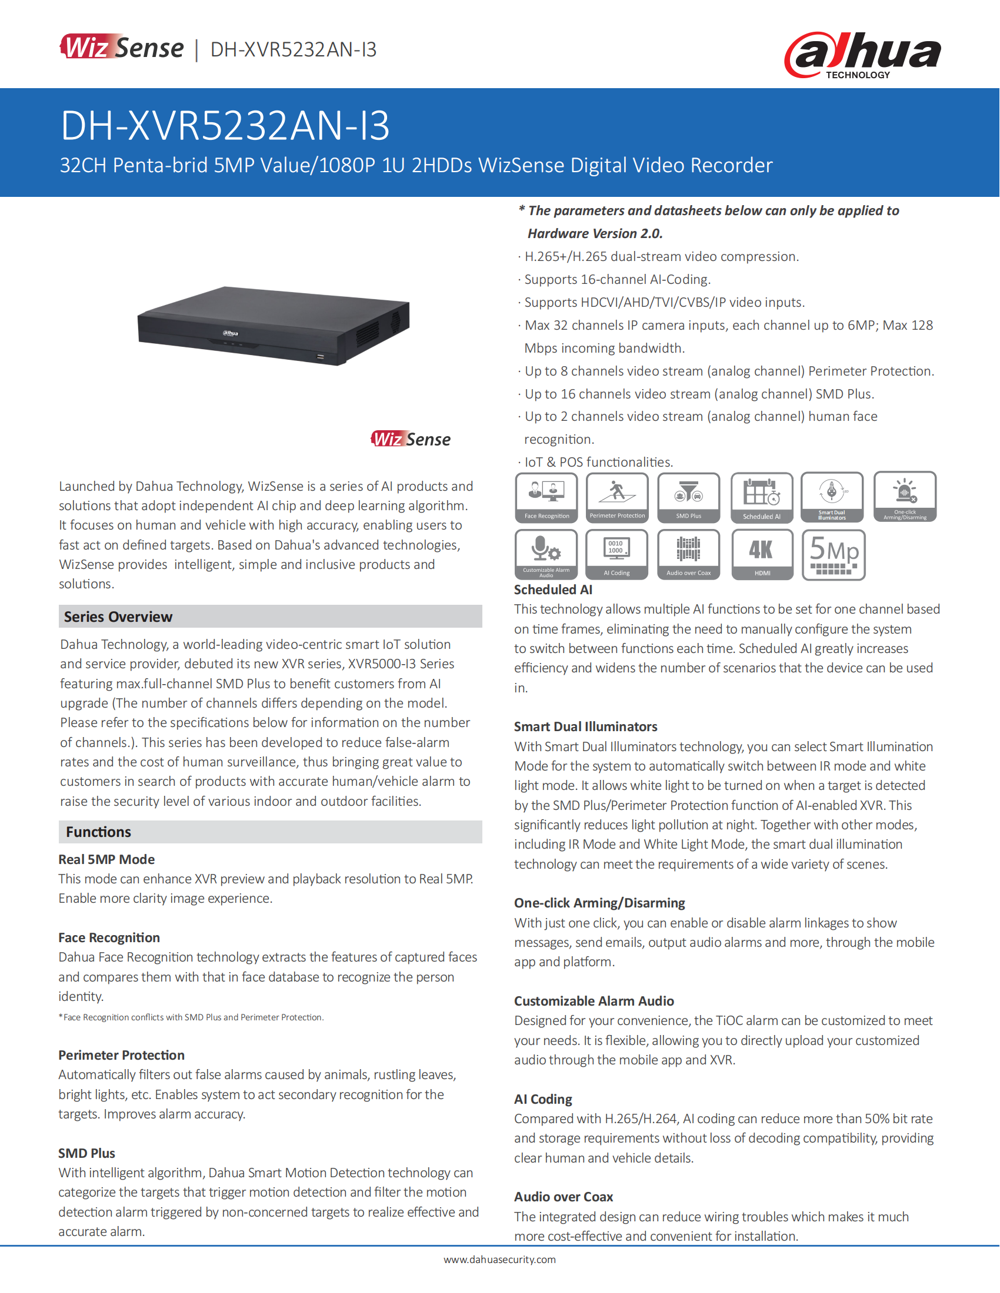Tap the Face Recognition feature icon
546,497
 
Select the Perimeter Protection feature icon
616,497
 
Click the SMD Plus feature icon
688,497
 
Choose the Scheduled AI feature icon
761,497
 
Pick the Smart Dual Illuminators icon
832,497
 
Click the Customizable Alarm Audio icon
546,554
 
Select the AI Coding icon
616,554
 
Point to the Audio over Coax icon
688,554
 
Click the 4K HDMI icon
762,554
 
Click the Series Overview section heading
118,617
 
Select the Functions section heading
99,832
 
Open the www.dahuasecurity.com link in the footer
499,1259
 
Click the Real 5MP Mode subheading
106,859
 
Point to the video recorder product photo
273,325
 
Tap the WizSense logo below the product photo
411,439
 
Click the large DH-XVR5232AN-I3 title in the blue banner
225,126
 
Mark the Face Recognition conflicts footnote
191,1017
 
